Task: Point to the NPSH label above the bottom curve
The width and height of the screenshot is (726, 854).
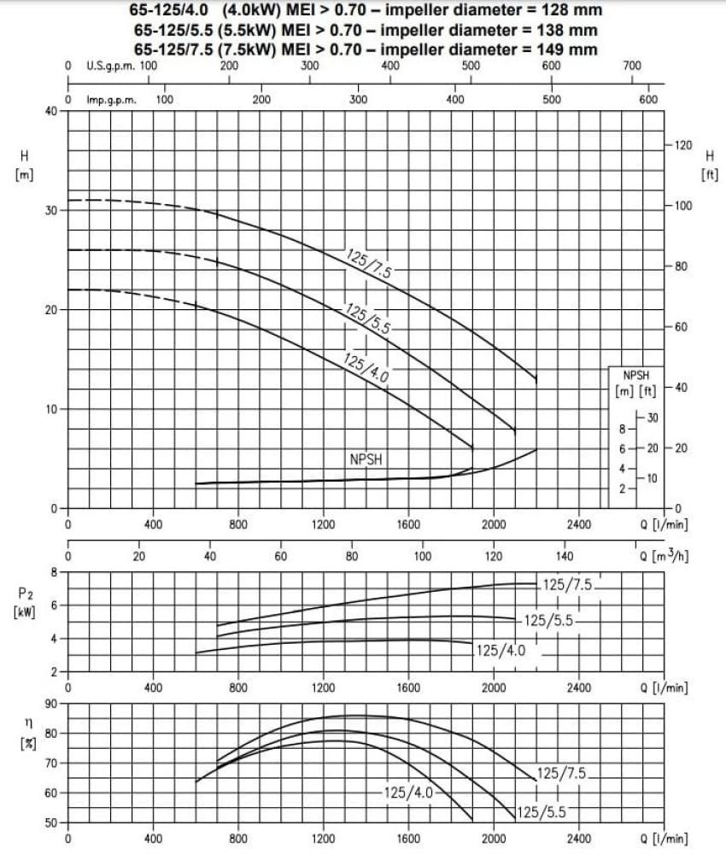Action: [366, 459]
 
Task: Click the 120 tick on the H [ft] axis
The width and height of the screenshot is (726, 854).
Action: [682, 145]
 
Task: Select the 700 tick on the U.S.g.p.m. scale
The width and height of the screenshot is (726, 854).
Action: [632, 66]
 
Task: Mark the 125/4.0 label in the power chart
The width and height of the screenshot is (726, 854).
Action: [501, 651]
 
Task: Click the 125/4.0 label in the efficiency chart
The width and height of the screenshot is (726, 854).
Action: [408, 793]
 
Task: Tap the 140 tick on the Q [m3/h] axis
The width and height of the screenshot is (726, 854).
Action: [565, 556]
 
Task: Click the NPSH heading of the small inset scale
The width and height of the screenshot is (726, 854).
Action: [635, 375]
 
